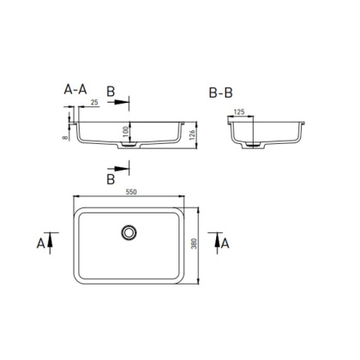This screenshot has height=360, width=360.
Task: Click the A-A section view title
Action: pyautogui.click(x=75, y=88)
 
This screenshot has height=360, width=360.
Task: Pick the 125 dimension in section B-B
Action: pyautogui.click(x=242, y=111)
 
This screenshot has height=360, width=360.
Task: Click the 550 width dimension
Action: pyautogui.click(x=131, y=191)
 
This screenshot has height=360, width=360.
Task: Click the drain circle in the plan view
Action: pyautogui.click(x=129, y=231)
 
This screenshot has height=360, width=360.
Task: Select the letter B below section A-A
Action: pyautogui.click(x=111, y=180)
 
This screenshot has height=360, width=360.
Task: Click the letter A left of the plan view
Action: pyautogui.click(x=39, y=243)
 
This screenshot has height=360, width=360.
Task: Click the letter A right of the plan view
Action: pyautogui.click(x=225, y=243)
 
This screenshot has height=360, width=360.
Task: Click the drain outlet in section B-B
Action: pyautogui.click(x=255, y=147)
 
